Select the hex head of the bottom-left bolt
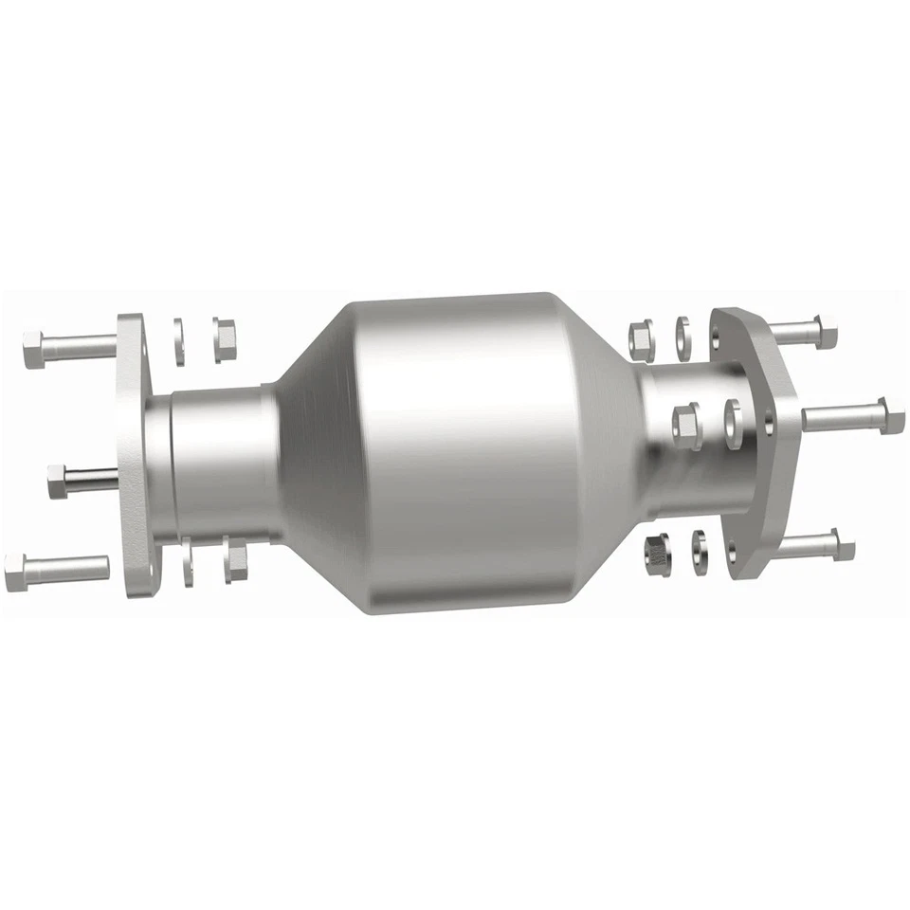click(x=17, y=572)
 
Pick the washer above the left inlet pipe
click(x=178, y=339)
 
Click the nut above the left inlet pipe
click(x=224, y=338)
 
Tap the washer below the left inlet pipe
click(x=187, y=561)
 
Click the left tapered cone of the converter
click(x=313, y=446)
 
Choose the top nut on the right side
click(x=639, y=340)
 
